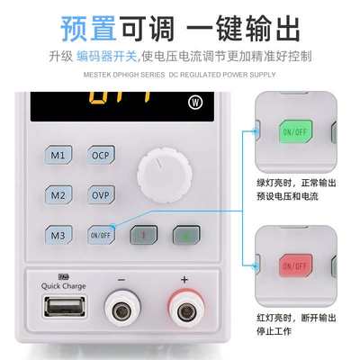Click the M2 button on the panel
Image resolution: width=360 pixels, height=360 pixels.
point(58,194)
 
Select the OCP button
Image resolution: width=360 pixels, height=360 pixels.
point(101,155)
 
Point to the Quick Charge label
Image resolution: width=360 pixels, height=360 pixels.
point(63,286)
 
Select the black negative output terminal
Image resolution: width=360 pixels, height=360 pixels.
point(122,310)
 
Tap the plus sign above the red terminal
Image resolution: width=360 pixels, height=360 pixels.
point(184,279)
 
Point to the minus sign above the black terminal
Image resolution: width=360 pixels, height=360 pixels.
point(121,279)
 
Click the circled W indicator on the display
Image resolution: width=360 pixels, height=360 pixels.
point(195,101)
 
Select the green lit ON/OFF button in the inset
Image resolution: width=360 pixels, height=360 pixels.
point(294,131)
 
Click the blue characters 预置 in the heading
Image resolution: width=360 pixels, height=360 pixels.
point(93,27)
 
